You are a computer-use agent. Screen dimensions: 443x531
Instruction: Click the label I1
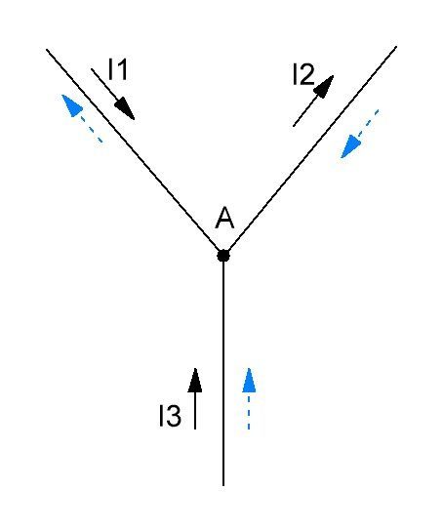(x=118, y=69)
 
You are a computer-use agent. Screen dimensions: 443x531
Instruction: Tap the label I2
(x=303, y=74)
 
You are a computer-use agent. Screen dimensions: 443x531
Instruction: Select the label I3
(x=170, y=416)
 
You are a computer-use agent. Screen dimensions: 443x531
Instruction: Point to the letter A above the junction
(x=224, y=218)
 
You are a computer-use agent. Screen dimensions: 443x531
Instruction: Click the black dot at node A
(x=223, y=255)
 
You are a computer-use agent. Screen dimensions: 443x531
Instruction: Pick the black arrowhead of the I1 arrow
(x=125, y=108)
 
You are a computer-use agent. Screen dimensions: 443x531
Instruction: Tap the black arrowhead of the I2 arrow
(x=324, y=86)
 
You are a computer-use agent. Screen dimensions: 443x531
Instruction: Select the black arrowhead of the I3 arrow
(x=195, y=380)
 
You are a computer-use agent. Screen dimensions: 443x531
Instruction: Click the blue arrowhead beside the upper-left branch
(x=72, y=105)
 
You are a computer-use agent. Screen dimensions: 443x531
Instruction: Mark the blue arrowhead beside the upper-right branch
(x=350, y=146)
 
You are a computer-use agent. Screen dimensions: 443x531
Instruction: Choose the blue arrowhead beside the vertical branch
(x=249, y=380)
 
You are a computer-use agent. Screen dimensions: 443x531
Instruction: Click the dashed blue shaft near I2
(x=368, y=123)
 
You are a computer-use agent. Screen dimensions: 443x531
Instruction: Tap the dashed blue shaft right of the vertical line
(x=249, y=411)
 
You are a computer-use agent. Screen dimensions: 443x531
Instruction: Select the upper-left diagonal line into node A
(x=135, y=152)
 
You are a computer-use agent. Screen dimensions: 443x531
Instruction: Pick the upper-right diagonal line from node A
(x=310, y=150)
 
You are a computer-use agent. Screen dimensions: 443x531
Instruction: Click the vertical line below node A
(x=223, y=371)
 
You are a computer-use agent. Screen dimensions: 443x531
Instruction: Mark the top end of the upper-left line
(x=47, y=50)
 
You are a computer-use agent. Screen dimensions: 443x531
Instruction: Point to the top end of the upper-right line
(x=396, y=47)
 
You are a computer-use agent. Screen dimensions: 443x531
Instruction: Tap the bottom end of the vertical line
(x=223, y=486)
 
